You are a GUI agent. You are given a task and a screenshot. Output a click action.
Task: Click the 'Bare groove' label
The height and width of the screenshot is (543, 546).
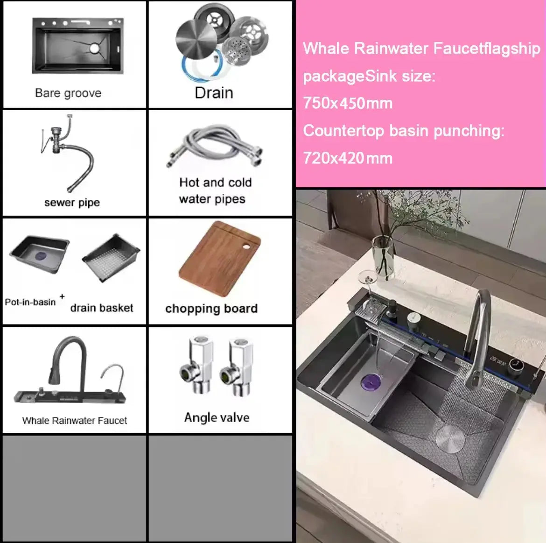click(x=68, y=93)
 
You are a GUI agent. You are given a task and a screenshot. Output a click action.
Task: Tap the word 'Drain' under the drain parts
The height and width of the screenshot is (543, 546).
click(x=214, y=92)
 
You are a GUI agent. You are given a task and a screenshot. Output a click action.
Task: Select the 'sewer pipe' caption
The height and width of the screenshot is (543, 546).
click(x=72, y=202)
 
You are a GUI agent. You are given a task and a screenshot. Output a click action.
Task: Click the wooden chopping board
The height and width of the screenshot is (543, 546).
click(x=219, y=260)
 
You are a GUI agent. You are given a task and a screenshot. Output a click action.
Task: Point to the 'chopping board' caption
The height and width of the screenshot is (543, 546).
click(x=211, y=308)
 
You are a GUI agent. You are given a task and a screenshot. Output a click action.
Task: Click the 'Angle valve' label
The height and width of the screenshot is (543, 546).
click(x=217, y=417)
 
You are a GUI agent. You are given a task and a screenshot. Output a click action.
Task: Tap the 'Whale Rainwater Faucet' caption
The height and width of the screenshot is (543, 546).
click(x=75, y=420)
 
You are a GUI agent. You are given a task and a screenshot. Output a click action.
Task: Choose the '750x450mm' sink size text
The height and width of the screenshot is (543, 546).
click(x=348, y=103)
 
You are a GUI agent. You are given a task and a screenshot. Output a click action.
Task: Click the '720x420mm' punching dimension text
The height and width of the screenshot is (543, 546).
click(x=348, y=158)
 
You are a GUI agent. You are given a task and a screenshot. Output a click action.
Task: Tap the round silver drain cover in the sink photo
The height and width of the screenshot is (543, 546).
click(x=450, y=438)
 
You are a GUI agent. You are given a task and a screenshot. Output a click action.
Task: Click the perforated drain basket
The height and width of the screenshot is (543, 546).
click(x=111, y=258)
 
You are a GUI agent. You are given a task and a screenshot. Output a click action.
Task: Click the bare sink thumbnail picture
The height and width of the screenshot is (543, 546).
click(x=78, y=46)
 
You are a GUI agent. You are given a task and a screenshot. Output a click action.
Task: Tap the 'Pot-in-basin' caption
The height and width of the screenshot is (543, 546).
click(x=30, y=302)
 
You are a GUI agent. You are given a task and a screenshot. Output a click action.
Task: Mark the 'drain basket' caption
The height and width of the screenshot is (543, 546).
click(x=102, y=308)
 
